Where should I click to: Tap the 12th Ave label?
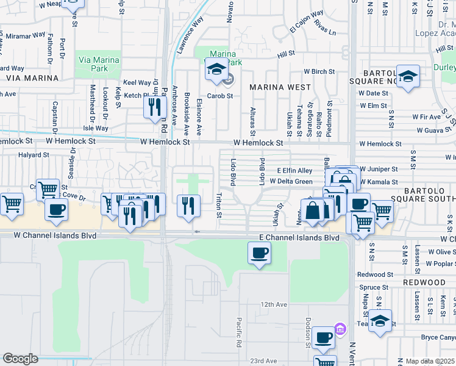(273, 304)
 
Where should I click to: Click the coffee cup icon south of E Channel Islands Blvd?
(259, 253)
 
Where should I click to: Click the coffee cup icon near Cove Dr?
(57, 209)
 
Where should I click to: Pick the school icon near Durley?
(408, 76)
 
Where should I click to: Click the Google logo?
(20, 359)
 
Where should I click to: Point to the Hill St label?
(282, 55)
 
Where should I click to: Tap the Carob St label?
(220, 96)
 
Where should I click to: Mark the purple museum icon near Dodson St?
(340, 330)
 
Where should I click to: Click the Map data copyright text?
(430, 361)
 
